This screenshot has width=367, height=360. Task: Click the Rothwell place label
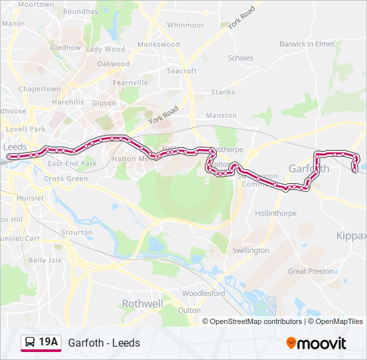point(142,303)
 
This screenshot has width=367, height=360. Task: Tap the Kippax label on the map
point(351,236)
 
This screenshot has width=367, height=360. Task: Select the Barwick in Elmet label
point(307,44)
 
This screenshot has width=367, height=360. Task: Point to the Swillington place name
point(250,251)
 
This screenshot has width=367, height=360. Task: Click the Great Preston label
point(310,271)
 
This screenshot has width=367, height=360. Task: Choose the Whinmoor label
point(186,25)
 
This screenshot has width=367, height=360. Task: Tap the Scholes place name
point(241,58)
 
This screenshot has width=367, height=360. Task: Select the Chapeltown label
point(39,89)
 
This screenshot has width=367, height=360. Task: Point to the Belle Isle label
point(45,260)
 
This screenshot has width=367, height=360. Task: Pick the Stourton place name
point(77,233)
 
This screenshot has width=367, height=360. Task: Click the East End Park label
point(72,163)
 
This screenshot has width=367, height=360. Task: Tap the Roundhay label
point(81,12)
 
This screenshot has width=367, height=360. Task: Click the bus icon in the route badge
point(31,343)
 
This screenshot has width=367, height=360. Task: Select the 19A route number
point(49,343)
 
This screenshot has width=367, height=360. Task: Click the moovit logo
point(316,343)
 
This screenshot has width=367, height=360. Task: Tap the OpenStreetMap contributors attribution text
point(256,321)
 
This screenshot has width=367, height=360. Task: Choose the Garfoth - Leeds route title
point(104,343)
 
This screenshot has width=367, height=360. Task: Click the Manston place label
point(222,115)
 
